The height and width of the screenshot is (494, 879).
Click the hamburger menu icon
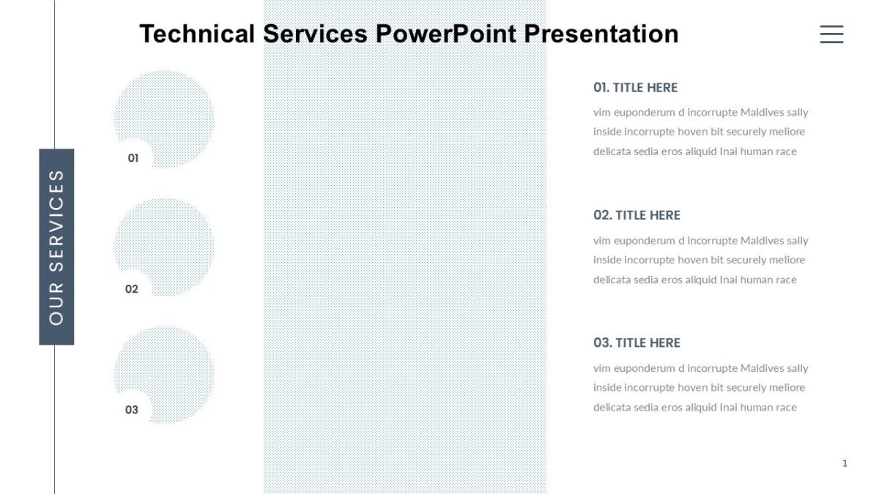pyautogui.click(x=831, y=34)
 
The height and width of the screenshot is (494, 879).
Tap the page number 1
pyautogui.click(x=845, y=463)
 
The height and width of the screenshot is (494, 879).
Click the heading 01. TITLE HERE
pyautogui.click(x=635, y=88)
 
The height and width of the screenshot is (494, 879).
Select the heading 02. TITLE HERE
pyautogui.click(x=637, y=215)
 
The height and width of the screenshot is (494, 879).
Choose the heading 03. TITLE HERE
pyautogui.click(x=637, y=343)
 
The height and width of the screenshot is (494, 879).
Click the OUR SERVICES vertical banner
pyautogui.click(x=56, y=247)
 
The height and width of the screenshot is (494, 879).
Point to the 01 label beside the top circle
pyautogui.click(x=133, y=157)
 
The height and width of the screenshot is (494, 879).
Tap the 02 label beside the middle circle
pyautogui.click(x=132, y=289)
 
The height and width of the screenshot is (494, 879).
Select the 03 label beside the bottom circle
pyautogui.click(x=132, y=410)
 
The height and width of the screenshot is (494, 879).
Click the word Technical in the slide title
pyautogui.click(x=197, y=34)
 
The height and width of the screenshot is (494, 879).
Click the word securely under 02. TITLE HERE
pyautogui.click(x=750, y=260)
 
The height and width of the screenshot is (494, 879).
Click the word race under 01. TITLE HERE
pyautogui.click(x=785, y=152)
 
